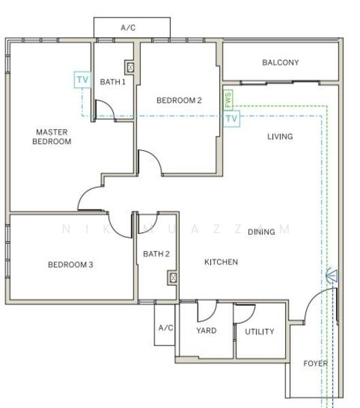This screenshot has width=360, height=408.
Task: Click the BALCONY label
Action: click(x=280, y=63)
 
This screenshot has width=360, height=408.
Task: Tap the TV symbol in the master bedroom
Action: click(x=82, y=80)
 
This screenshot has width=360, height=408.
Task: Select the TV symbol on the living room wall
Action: click(x=231, y=119)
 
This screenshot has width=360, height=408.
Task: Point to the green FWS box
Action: click(x=228, y=100)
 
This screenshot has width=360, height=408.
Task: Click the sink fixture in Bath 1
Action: click(x=130, y=67)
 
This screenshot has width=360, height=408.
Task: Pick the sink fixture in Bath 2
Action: click(x=173, y=278)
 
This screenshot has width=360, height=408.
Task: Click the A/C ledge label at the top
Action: click(x=128, y=28)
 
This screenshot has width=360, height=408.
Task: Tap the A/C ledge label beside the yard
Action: click(x=165, y=328)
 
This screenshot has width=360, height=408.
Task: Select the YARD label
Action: click(x=206, y=330)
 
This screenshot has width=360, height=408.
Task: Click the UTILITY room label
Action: click(x=259, y=332)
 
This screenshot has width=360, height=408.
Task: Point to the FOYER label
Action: click(x=316, y=364)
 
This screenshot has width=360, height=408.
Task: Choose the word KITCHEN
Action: click(x=221, y=262)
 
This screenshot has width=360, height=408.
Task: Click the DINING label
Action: click(x=261, y=232)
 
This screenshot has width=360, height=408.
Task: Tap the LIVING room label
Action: click(x=280, y=137)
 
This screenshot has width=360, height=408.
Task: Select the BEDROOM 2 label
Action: click(x=179, y=101)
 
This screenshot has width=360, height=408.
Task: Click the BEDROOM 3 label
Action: click(x=70, y=265)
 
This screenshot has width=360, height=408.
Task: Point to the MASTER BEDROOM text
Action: click(x=52, y=137)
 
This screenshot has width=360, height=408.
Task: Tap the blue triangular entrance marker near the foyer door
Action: click(x=332, y=275)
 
